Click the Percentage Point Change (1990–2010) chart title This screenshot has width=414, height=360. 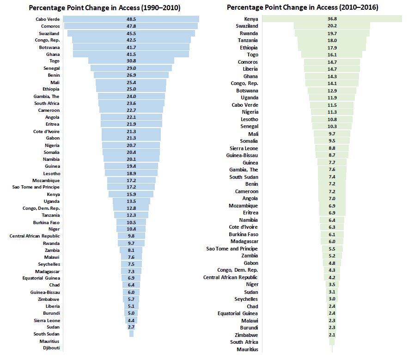104,8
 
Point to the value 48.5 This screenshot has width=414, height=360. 131,19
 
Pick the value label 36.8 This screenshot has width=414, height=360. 332,19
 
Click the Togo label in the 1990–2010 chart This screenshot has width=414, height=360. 54,61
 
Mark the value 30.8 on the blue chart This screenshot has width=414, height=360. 131,61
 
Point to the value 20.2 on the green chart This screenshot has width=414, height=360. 332,26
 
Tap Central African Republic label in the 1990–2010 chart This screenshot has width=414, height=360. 35,236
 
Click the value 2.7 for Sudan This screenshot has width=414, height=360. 131,327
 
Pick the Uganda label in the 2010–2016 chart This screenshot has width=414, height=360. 250,98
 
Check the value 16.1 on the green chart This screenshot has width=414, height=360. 332,55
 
